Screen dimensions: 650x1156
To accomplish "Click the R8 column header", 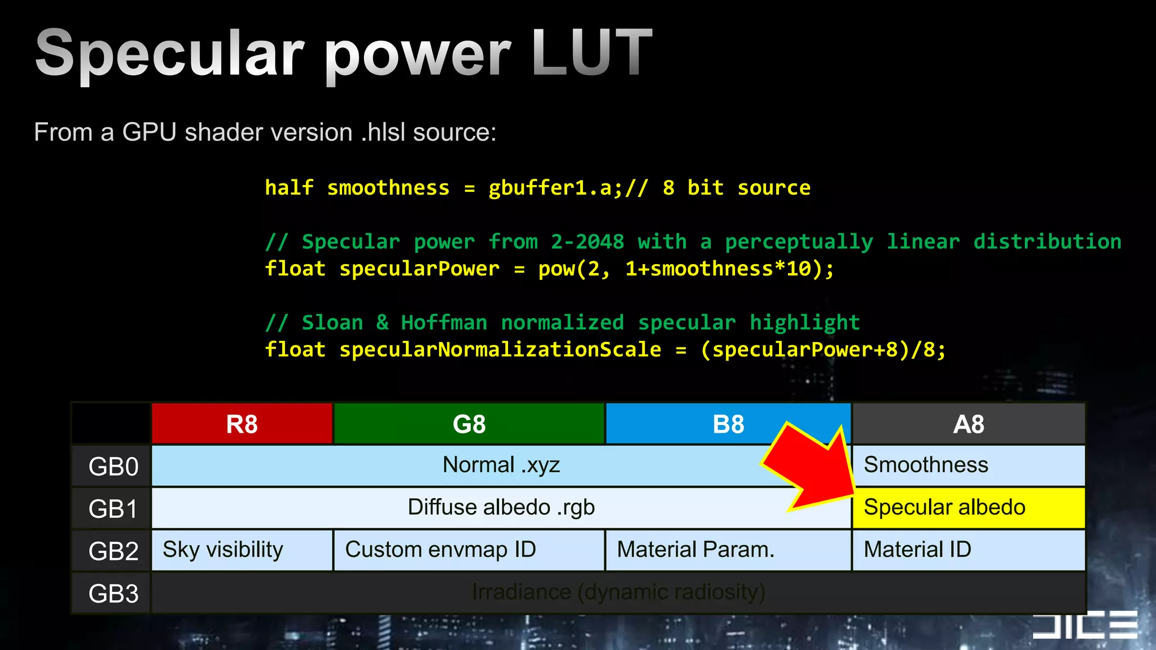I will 242,424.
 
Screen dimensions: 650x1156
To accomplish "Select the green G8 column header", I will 469,424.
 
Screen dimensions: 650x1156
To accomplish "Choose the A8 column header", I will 969,424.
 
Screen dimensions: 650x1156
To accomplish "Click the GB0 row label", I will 113,467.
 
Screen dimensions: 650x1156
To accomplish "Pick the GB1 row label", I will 113,509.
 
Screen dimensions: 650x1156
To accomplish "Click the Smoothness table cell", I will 968,465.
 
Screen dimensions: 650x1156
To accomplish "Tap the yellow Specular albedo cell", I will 968,508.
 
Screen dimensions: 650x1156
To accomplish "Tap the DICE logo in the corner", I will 1084,625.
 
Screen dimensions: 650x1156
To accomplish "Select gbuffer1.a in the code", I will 555,188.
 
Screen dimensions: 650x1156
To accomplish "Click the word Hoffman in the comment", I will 444,323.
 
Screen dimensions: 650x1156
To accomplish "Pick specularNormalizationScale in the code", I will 500,350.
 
